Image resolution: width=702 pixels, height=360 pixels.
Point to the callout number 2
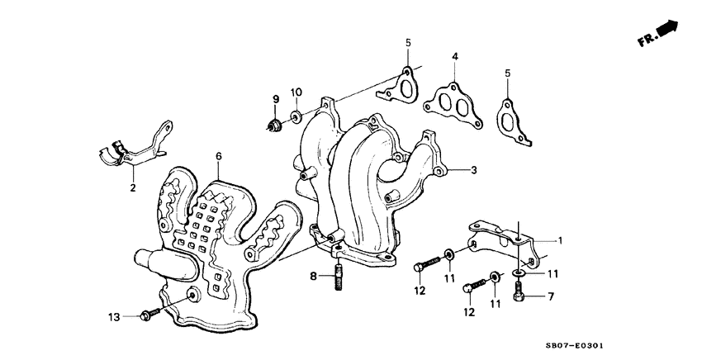[x=132, y=188]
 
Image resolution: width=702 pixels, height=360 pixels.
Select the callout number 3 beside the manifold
[x=473, y=171]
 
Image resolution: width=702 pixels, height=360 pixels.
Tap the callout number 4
[x=454, y=56]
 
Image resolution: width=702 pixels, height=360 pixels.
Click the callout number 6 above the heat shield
[x=219, y=155]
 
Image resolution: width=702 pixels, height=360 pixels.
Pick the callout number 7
[x=551, y=296]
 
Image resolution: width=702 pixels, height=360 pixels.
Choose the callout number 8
[x=314, y=275]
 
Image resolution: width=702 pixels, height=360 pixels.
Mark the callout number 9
[x=277, y=100]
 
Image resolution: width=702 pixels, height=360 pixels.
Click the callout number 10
[x=296, y=91]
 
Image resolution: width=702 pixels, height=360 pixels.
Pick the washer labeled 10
[x=296, y=114]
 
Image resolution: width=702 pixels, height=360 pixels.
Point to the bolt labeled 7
[x=519, y=291]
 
